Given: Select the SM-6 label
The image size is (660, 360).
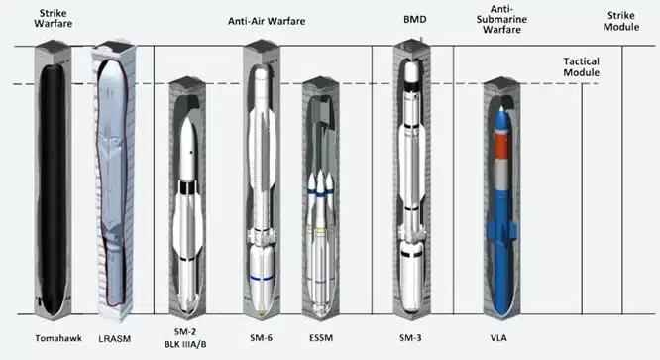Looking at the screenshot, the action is (x=262, y=335).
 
